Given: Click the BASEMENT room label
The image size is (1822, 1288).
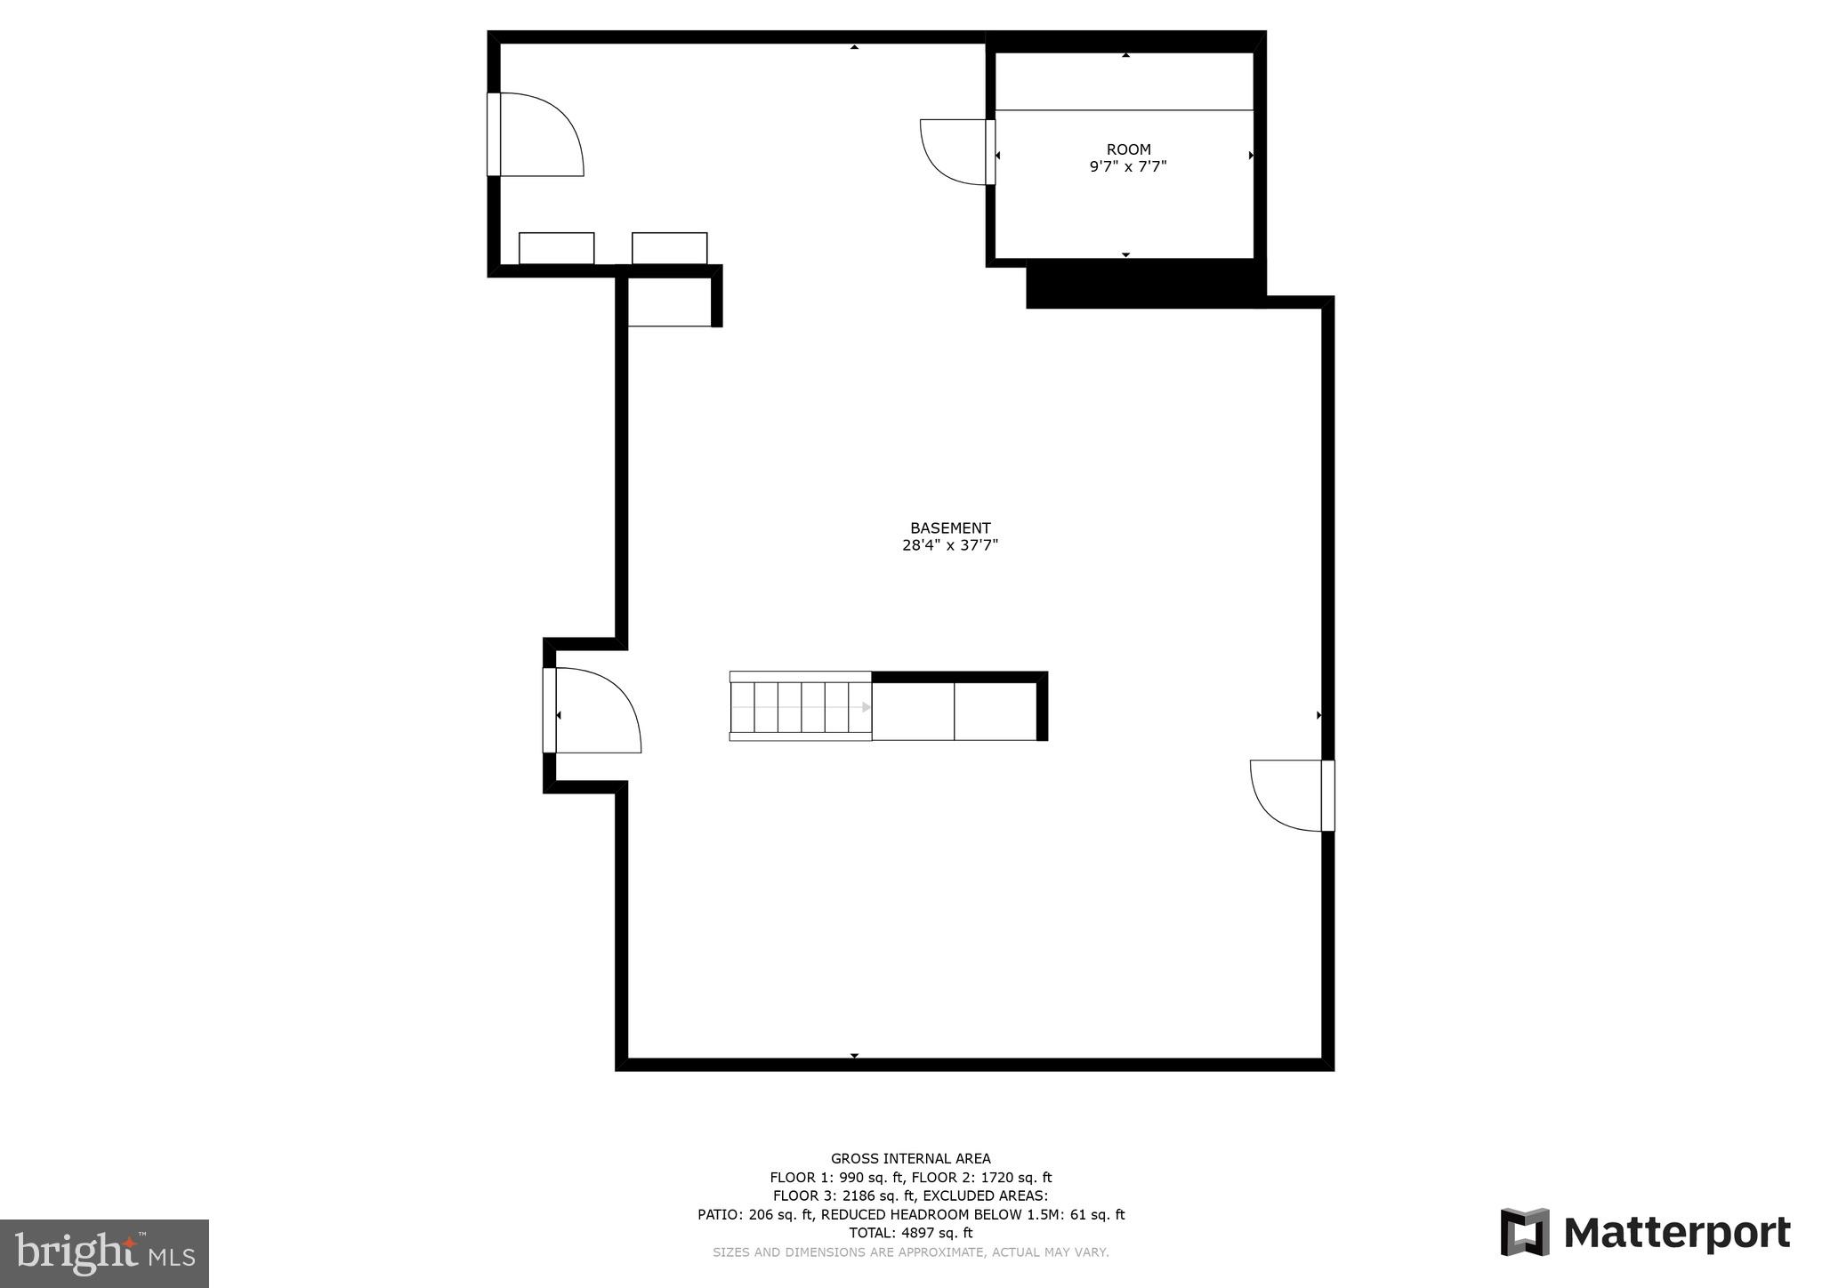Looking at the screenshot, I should click(949, 528).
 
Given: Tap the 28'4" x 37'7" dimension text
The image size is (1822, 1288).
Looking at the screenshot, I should click(949, 545).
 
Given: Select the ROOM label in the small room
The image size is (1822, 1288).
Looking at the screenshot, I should click(1128, 149).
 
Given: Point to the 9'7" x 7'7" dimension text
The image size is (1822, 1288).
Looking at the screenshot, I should click(1128, 166).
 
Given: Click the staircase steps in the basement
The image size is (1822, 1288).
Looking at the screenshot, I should click(800, 707).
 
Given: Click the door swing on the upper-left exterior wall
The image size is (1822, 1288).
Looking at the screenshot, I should click(539, 135).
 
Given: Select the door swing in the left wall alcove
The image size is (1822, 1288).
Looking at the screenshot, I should click(594, 711).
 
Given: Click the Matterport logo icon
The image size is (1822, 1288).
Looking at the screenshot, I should click(1525, 1232).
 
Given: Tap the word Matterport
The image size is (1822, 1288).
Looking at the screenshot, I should click(1676, 1234).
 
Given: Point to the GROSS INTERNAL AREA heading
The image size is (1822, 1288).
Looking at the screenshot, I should click(910, 1158).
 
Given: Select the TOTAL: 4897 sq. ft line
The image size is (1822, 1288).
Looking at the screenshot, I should click(910, 1233).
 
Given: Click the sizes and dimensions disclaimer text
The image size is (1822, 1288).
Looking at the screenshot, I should click(910, 1252).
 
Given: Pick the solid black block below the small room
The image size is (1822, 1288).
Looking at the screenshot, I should click(1145, 286).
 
